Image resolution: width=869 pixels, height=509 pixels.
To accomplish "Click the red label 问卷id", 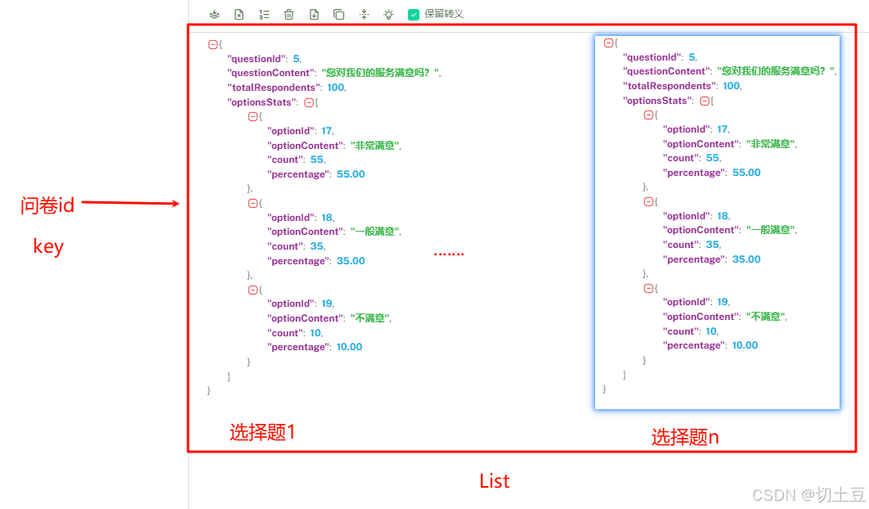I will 47,205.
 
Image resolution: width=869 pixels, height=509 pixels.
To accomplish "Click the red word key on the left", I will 48,246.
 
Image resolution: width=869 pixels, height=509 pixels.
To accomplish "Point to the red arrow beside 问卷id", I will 131,203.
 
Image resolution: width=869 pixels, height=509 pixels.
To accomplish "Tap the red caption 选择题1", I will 262,433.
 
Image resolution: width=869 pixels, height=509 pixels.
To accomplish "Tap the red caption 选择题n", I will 685,437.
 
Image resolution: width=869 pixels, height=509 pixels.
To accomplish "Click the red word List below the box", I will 495,481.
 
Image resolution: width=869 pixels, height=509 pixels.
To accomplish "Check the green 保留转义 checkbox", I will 414,14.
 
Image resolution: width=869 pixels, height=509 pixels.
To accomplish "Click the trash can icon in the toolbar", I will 289,14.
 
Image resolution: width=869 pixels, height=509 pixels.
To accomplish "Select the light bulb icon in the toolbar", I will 388,14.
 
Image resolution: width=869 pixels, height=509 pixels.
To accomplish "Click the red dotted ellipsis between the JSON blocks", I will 449,254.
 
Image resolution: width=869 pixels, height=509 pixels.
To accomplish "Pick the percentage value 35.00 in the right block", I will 746,259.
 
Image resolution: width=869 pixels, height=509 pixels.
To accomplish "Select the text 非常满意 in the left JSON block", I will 376,146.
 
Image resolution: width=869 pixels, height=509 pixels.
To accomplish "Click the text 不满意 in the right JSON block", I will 766,317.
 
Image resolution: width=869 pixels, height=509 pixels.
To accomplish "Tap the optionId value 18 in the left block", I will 326,218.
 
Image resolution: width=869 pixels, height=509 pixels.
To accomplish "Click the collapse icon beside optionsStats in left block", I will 309,102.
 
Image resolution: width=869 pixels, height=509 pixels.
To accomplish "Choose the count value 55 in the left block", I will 316,160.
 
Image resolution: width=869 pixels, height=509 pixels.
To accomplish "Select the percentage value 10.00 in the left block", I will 349,347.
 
